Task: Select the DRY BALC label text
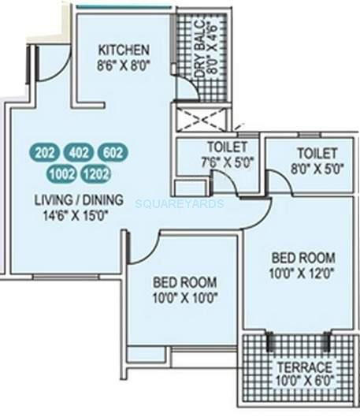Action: point(189,47)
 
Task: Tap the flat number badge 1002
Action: point(61,172)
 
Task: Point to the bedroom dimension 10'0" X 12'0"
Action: point(303,272)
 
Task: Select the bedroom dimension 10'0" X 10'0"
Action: point(184,297)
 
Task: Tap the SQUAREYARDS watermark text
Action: point(180,203)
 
